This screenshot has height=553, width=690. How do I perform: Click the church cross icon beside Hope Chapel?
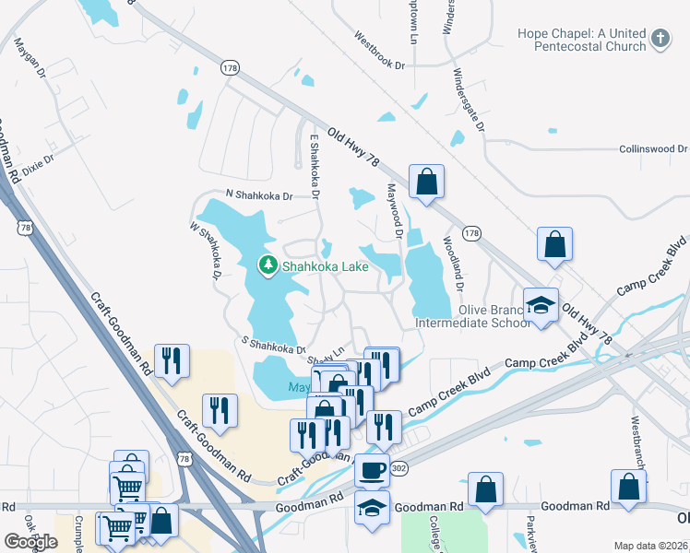[660, 39]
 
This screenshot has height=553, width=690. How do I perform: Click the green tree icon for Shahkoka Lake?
[268, 266]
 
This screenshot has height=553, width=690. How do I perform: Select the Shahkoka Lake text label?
[326, 267]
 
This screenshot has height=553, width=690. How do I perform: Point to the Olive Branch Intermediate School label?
[472, 316]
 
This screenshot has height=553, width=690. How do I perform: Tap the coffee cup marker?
[372, 470]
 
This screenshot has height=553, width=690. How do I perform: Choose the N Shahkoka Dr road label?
[259, 195]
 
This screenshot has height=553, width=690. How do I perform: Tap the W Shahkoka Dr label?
[206, 251]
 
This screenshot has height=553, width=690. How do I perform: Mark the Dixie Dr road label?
[39, 165]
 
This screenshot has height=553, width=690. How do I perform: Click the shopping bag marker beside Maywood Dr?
[426, 182]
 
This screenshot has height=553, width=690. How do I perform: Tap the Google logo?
[30, 542]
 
